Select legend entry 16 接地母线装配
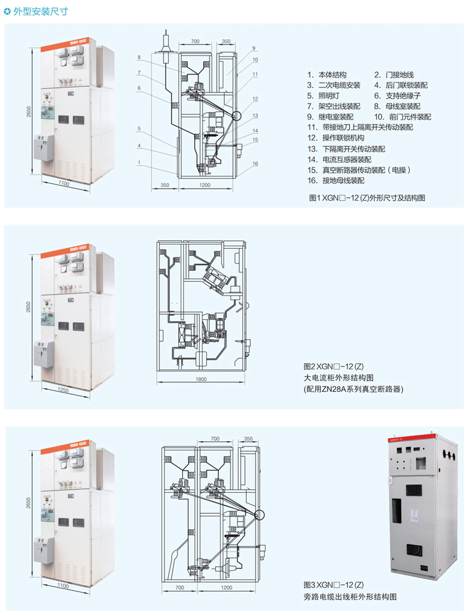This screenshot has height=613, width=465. (x=338, y=180)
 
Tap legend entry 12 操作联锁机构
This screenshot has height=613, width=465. (x=338, y=138)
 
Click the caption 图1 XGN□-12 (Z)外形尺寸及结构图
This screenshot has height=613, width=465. (x=368, y=198)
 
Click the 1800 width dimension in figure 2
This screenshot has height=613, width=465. (x=201, y=380)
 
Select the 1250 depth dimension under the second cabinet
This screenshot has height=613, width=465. (x=63, y=390)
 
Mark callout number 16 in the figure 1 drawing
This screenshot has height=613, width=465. (x=256, y=163)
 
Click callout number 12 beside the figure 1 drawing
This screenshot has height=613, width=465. (x=256, y=99)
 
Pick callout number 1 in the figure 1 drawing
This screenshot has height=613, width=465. (x=138, y=162)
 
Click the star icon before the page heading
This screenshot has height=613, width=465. (x=7, y=10)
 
